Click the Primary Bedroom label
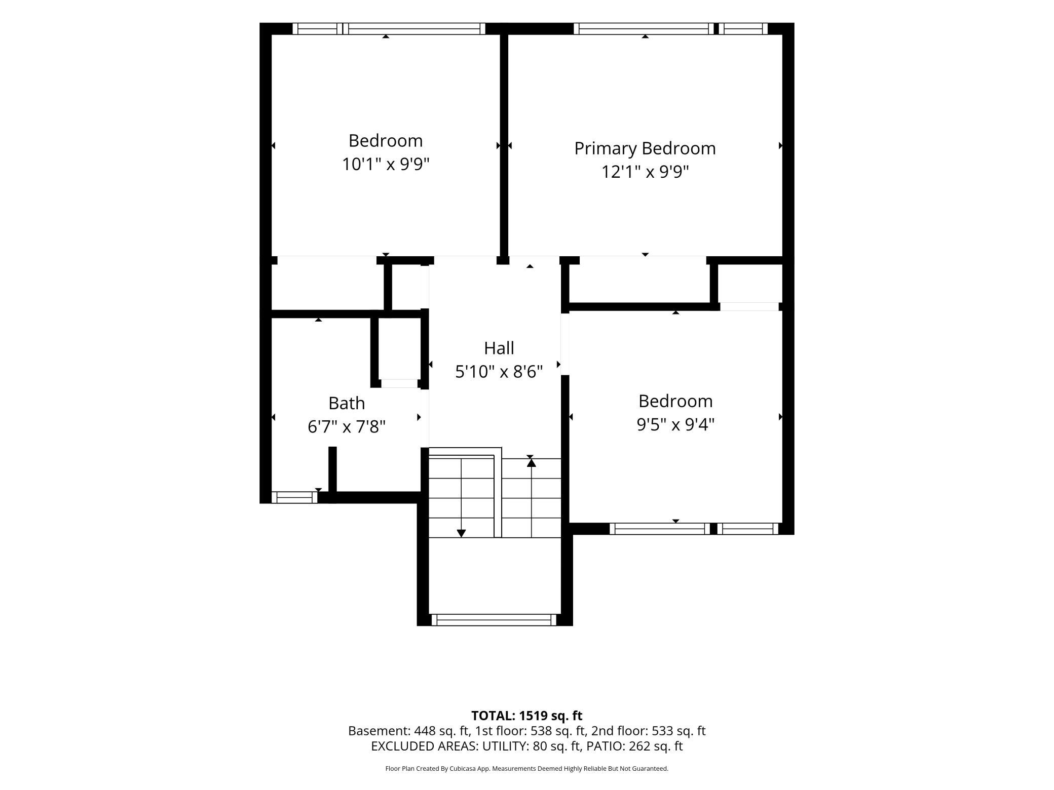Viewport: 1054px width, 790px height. point(645,149)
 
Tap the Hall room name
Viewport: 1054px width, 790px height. point(499,348)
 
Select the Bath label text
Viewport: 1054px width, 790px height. point(347,403)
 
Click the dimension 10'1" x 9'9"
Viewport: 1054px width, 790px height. point(386,164)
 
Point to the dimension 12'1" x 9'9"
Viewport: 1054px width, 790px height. point(645,172)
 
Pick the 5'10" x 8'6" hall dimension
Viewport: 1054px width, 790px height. point(499,372)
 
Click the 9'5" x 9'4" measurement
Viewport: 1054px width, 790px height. point(675,424)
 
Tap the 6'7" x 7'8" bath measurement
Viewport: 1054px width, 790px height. point(347,427)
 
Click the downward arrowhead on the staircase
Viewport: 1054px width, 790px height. point(461,533)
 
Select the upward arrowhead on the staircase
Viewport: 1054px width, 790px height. point(531,461)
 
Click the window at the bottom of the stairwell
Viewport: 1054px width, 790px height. point(494,620)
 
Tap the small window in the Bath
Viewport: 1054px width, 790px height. point(294,497)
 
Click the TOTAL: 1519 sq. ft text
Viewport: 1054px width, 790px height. point(527,716)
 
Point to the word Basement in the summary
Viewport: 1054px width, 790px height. point(379,731)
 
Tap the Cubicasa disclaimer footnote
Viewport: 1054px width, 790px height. point(527,768)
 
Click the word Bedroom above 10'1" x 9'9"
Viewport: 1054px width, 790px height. point(386,140)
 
